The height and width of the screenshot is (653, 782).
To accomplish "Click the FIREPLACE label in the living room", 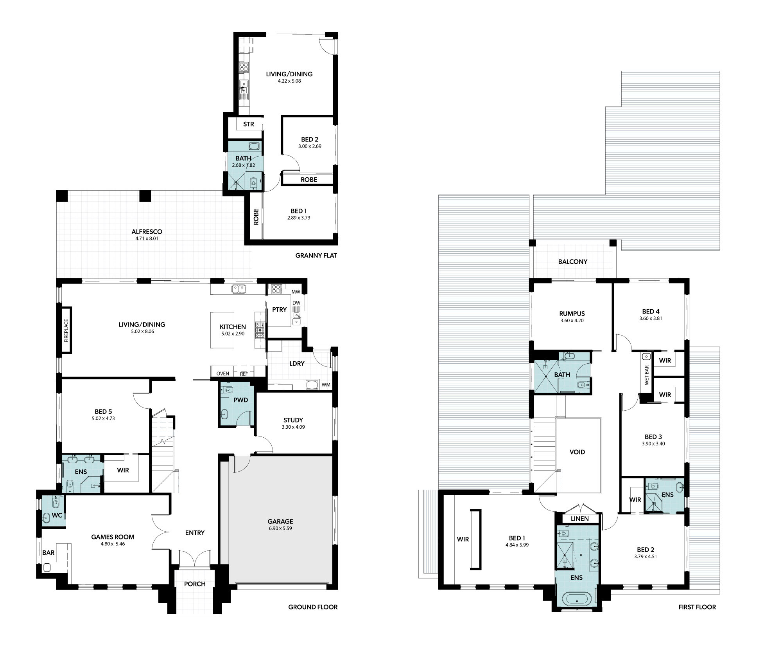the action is [66, 330].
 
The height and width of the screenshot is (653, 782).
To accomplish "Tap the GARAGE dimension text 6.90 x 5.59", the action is [280, 528].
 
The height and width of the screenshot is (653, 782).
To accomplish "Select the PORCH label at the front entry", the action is [195, 584].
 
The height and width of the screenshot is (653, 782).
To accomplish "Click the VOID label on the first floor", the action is [577, 452].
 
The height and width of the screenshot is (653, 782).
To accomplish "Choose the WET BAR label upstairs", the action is [647, 375].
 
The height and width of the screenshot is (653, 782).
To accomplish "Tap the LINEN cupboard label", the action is [579, 519].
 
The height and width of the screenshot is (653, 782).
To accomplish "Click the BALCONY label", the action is [573, 262].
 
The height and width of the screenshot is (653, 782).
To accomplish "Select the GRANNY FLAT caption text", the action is [316, 256].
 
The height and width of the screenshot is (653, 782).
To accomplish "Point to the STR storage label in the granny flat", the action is [249, 124].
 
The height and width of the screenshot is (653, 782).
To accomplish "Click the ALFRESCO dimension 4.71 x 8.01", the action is [147, 238].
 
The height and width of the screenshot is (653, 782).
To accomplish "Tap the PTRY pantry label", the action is [279, 310].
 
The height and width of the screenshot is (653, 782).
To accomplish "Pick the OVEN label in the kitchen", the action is [223, 373].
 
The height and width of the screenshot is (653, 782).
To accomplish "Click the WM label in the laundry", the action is [326, 385].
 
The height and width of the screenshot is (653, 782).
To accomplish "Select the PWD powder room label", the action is [240, 400].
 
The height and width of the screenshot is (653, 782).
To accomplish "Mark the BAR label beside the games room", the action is [48, 553].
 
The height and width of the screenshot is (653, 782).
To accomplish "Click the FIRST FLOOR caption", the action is [698, 607].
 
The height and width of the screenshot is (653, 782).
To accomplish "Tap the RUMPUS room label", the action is [572, 314].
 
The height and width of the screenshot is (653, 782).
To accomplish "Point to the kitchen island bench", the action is [222, 330].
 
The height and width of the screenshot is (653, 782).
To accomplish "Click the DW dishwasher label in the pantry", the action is [296, 303].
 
